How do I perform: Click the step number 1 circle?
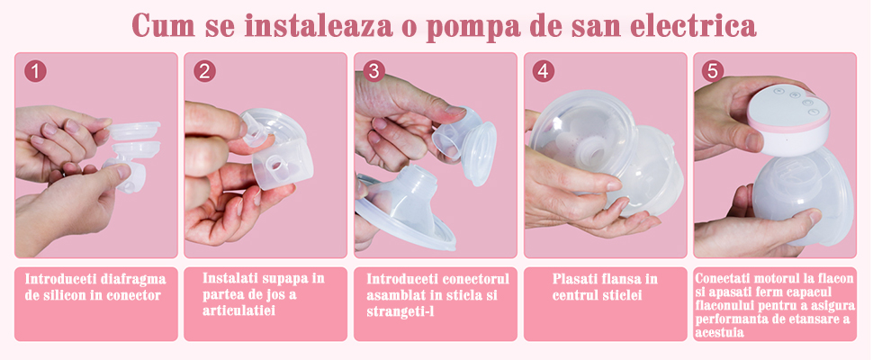click(35, 71)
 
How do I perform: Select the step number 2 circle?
click(204, 71)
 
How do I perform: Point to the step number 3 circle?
click(373, 71)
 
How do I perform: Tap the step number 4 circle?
click(544, 71)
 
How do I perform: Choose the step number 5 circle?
click(713, 71)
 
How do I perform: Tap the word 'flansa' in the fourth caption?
click(620, 279)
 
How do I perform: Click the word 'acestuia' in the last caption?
click(719, 333)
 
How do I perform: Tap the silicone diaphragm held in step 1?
click(133, 130)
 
